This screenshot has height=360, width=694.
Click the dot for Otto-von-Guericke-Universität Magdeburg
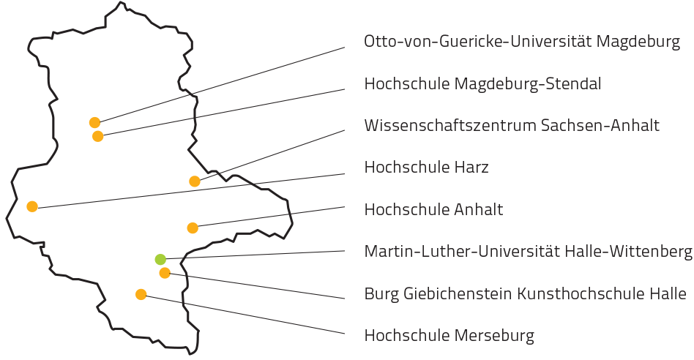[x=94, y=122]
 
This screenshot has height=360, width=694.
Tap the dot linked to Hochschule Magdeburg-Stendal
[x=98, y=136]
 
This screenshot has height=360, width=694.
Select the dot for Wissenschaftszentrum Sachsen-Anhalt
[x=194, y=181]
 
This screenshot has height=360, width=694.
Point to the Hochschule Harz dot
[x=32, y=206]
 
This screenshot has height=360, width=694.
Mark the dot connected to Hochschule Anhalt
[x=193, y=228]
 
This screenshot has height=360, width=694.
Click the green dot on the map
[x=160, y=258]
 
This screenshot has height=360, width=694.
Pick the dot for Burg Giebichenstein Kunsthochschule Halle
[x=165, y=273]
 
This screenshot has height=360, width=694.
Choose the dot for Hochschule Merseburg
[x=141, y=294]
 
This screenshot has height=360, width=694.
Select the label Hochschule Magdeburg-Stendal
[x=482, y=84]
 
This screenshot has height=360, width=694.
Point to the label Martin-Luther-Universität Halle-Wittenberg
[x=527, y=252]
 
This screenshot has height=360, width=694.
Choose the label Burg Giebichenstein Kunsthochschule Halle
[x=524, y=294]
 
